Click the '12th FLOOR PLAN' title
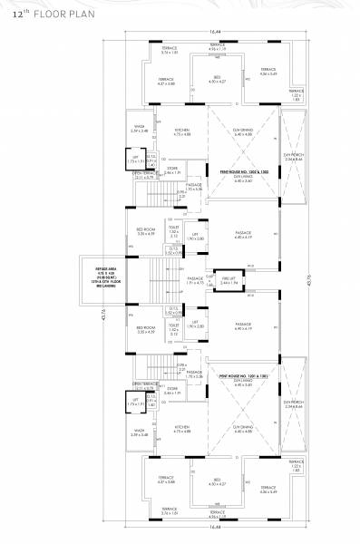(44, 16)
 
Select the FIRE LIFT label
(229, 280)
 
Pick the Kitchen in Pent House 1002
(183, 131)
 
